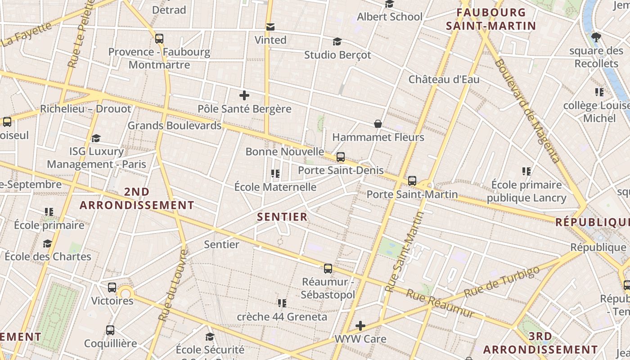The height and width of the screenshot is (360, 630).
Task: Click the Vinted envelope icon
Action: pyautogui.click(x=270, y=27)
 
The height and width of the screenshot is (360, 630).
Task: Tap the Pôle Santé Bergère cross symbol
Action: pyautogui.click(x=244, y=95)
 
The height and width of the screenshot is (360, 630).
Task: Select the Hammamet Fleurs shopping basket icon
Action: pyautogui.click(x=378, y=124)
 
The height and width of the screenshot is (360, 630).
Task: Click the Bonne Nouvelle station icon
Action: pyautogui.click(x=341, y=157)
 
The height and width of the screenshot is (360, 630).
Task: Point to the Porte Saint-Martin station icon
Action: pyautogui.click(x=412, y=181)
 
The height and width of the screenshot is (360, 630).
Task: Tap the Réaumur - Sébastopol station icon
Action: pyautogui.click(x=328, y=269)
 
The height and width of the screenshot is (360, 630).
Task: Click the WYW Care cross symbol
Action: pyautogui.click(x=360, y=325)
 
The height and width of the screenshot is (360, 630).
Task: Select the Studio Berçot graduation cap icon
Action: pyautogui.click(x=337, y=42)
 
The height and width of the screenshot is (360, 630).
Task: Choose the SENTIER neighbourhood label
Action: pyautogui.click(x=282, y=217)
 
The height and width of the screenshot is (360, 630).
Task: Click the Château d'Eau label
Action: pyautogui.click(x=444, y=80)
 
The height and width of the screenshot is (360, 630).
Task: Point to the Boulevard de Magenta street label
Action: pyautogui.click(x=527, y=110)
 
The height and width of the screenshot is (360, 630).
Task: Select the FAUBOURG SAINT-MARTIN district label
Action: pyautogui.click(x=491, y=19)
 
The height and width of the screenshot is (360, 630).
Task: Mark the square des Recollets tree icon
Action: pyautogui.click(x=596, y=37)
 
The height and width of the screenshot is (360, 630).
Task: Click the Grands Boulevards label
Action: pyautogui.click(x=175, y=125)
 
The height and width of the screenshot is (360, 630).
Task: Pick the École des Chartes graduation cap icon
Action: pyautogui.click(x=47, y=243)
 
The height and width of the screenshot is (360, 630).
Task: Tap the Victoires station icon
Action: pyautogui.click(x=112, y=288)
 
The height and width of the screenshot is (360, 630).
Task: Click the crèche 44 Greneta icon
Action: pyautogui.click(x=282, y=303)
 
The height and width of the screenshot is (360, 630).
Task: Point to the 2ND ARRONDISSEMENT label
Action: pyautogui.click(x=137, y=198)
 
